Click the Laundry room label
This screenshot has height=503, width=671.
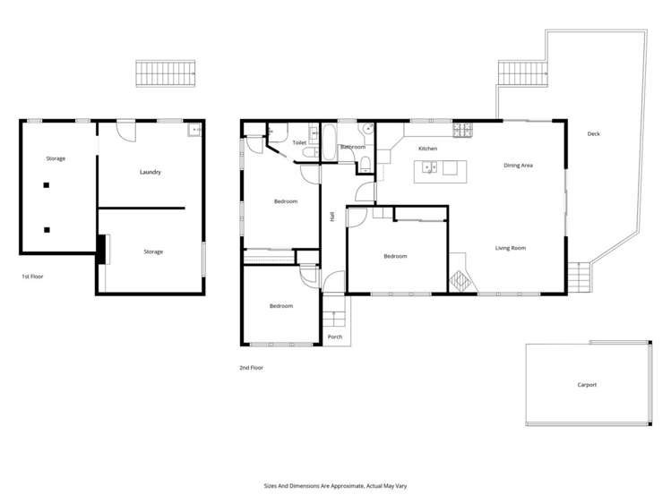[150, 172]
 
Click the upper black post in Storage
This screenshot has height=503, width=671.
[47, 186]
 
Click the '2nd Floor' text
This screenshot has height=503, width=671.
[251, 367]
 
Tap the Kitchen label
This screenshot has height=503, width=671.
[427, 148]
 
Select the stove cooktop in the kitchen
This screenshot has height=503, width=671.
[462, 131]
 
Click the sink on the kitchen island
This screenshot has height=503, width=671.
[429, 166]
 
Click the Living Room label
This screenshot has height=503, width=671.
[510, 248]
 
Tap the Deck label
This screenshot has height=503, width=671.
[593, 134]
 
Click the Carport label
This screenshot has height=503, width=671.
[587, 385]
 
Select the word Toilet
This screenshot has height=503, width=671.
[299, 142]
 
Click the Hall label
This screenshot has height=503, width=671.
[332, 216]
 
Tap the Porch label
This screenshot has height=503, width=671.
[334, 337]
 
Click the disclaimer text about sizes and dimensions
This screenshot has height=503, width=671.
[335, 485]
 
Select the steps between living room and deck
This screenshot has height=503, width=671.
[578, 276]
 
